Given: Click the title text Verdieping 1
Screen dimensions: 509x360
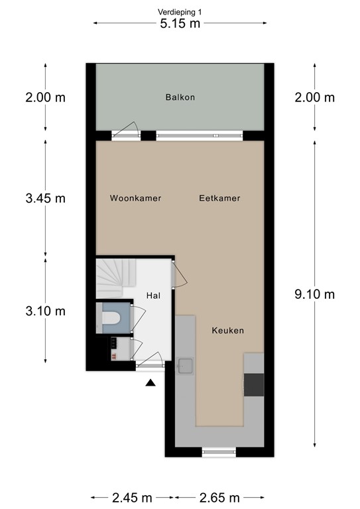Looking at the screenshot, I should pos(180,11).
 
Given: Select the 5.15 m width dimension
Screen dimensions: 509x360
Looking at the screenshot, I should pos(180,24).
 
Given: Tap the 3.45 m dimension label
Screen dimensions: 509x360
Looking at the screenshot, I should pos(45,198).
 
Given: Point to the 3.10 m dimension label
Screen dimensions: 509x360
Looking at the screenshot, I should pos(45,311).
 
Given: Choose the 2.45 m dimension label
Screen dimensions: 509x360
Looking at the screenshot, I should pos(131,498).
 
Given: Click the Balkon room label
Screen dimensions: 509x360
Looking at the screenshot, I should pos(180,97).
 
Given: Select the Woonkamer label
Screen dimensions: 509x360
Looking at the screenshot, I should pos(136,198).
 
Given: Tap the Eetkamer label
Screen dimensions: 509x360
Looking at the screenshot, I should pos(219,198).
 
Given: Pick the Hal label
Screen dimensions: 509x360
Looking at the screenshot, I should pos(153,298).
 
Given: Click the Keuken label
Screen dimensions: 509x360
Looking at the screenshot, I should pos(228,330).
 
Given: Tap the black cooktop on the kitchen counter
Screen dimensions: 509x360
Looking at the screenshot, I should pos(253,384).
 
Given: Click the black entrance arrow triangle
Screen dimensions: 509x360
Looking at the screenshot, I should pos(151,382).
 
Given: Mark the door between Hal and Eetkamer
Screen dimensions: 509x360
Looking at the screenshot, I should pos(176,273).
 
